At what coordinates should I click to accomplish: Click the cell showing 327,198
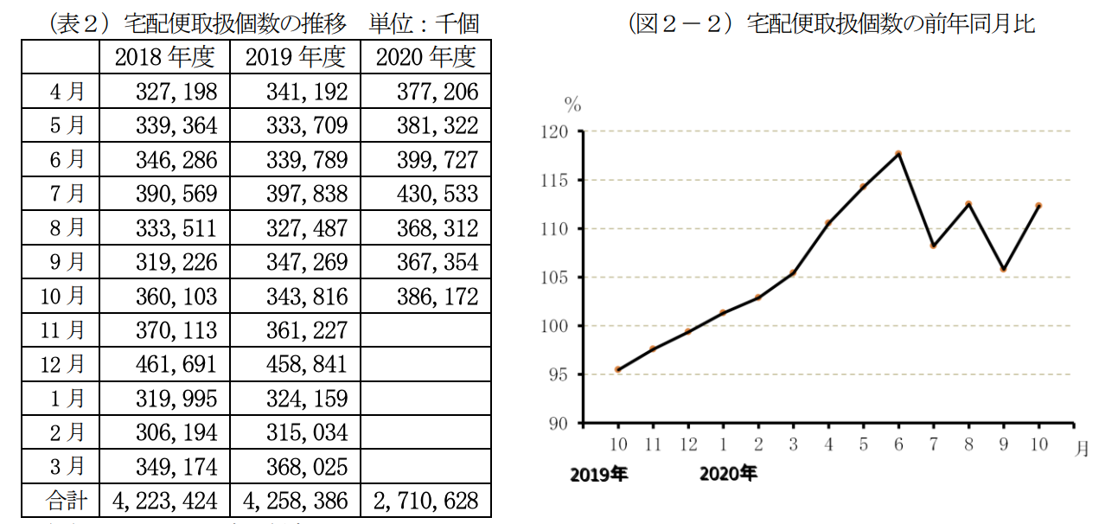176,92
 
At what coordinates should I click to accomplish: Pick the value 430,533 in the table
437,194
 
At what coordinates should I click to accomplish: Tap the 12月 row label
63,364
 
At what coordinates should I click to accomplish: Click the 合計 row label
63,501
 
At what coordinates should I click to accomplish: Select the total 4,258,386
296,501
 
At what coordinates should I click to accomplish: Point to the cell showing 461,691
176,364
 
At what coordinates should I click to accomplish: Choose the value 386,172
437,297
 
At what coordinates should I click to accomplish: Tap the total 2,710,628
426,501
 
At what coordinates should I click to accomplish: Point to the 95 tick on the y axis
564,374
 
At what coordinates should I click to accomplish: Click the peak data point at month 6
898,154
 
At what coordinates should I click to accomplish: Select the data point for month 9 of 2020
1003,269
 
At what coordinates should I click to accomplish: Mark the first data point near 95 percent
618,369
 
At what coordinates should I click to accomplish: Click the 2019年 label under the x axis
599,474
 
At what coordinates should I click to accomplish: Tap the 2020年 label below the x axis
728,474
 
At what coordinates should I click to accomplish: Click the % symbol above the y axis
572,105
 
